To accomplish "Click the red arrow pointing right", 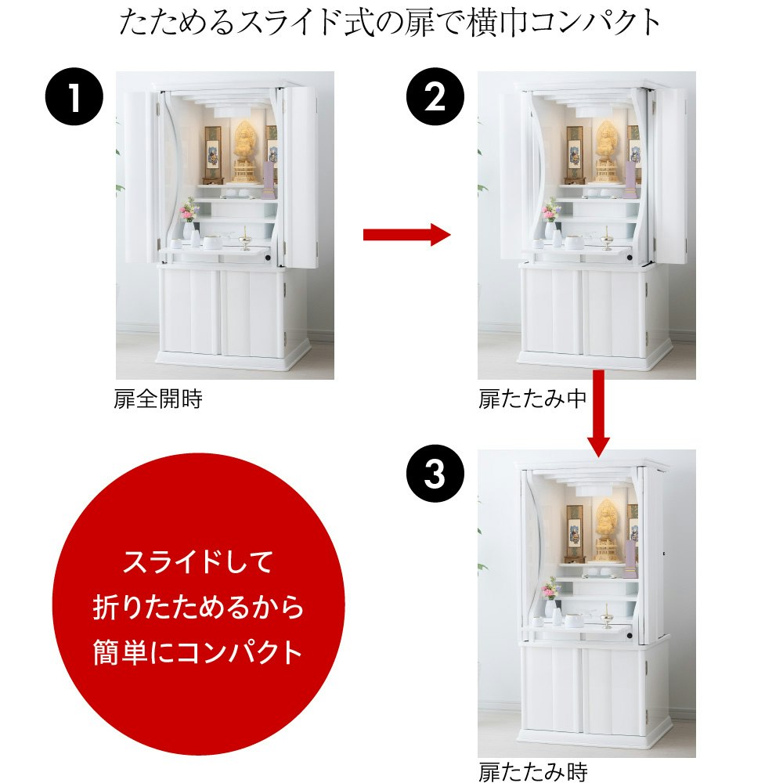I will pyautogui.click(x=407, y=233).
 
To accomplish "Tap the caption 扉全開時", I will pyautogui.click(x=158, y=399).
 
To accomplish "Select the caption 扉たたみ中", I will pyautogui.click(x=532, y=399).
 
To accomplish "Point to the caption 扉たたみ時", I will pyautogui.click(x=532, y=771).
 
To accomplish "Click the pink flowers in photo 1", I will pyautogui.click(x=188, y=210).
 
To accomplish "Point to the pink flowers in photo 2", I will pyautogui.click(x=550, y=210).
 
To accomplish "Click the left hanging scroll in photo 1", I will pyautogui.click(x=213, y=150).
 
